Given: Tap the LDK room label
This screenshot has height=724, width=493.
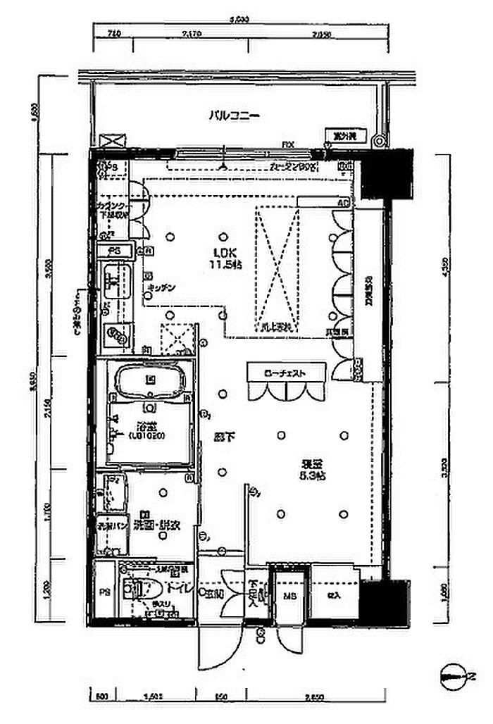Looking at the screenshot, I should coord(226,252).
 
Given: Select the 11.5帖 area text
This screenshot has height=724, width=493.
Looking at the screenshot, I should coord(226,265).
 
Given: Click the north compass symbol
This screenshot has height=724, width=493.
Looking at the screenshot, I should coord(458,678).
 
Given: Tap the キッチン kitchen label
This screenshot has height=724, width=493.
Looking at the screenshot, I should coord(161,289).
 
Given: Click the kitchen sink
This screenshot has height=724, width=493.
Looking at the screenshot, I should coord(113,280).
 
